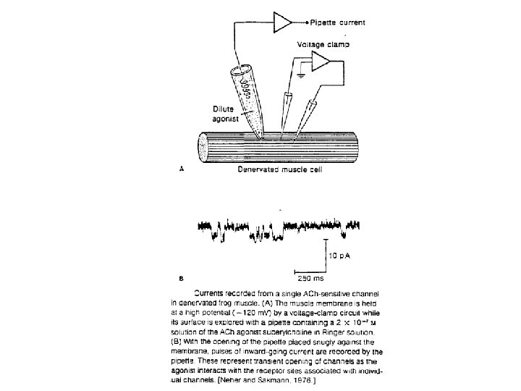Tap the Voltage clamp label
coord(323,44)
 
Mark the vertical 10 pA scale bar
coord(326,253)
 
